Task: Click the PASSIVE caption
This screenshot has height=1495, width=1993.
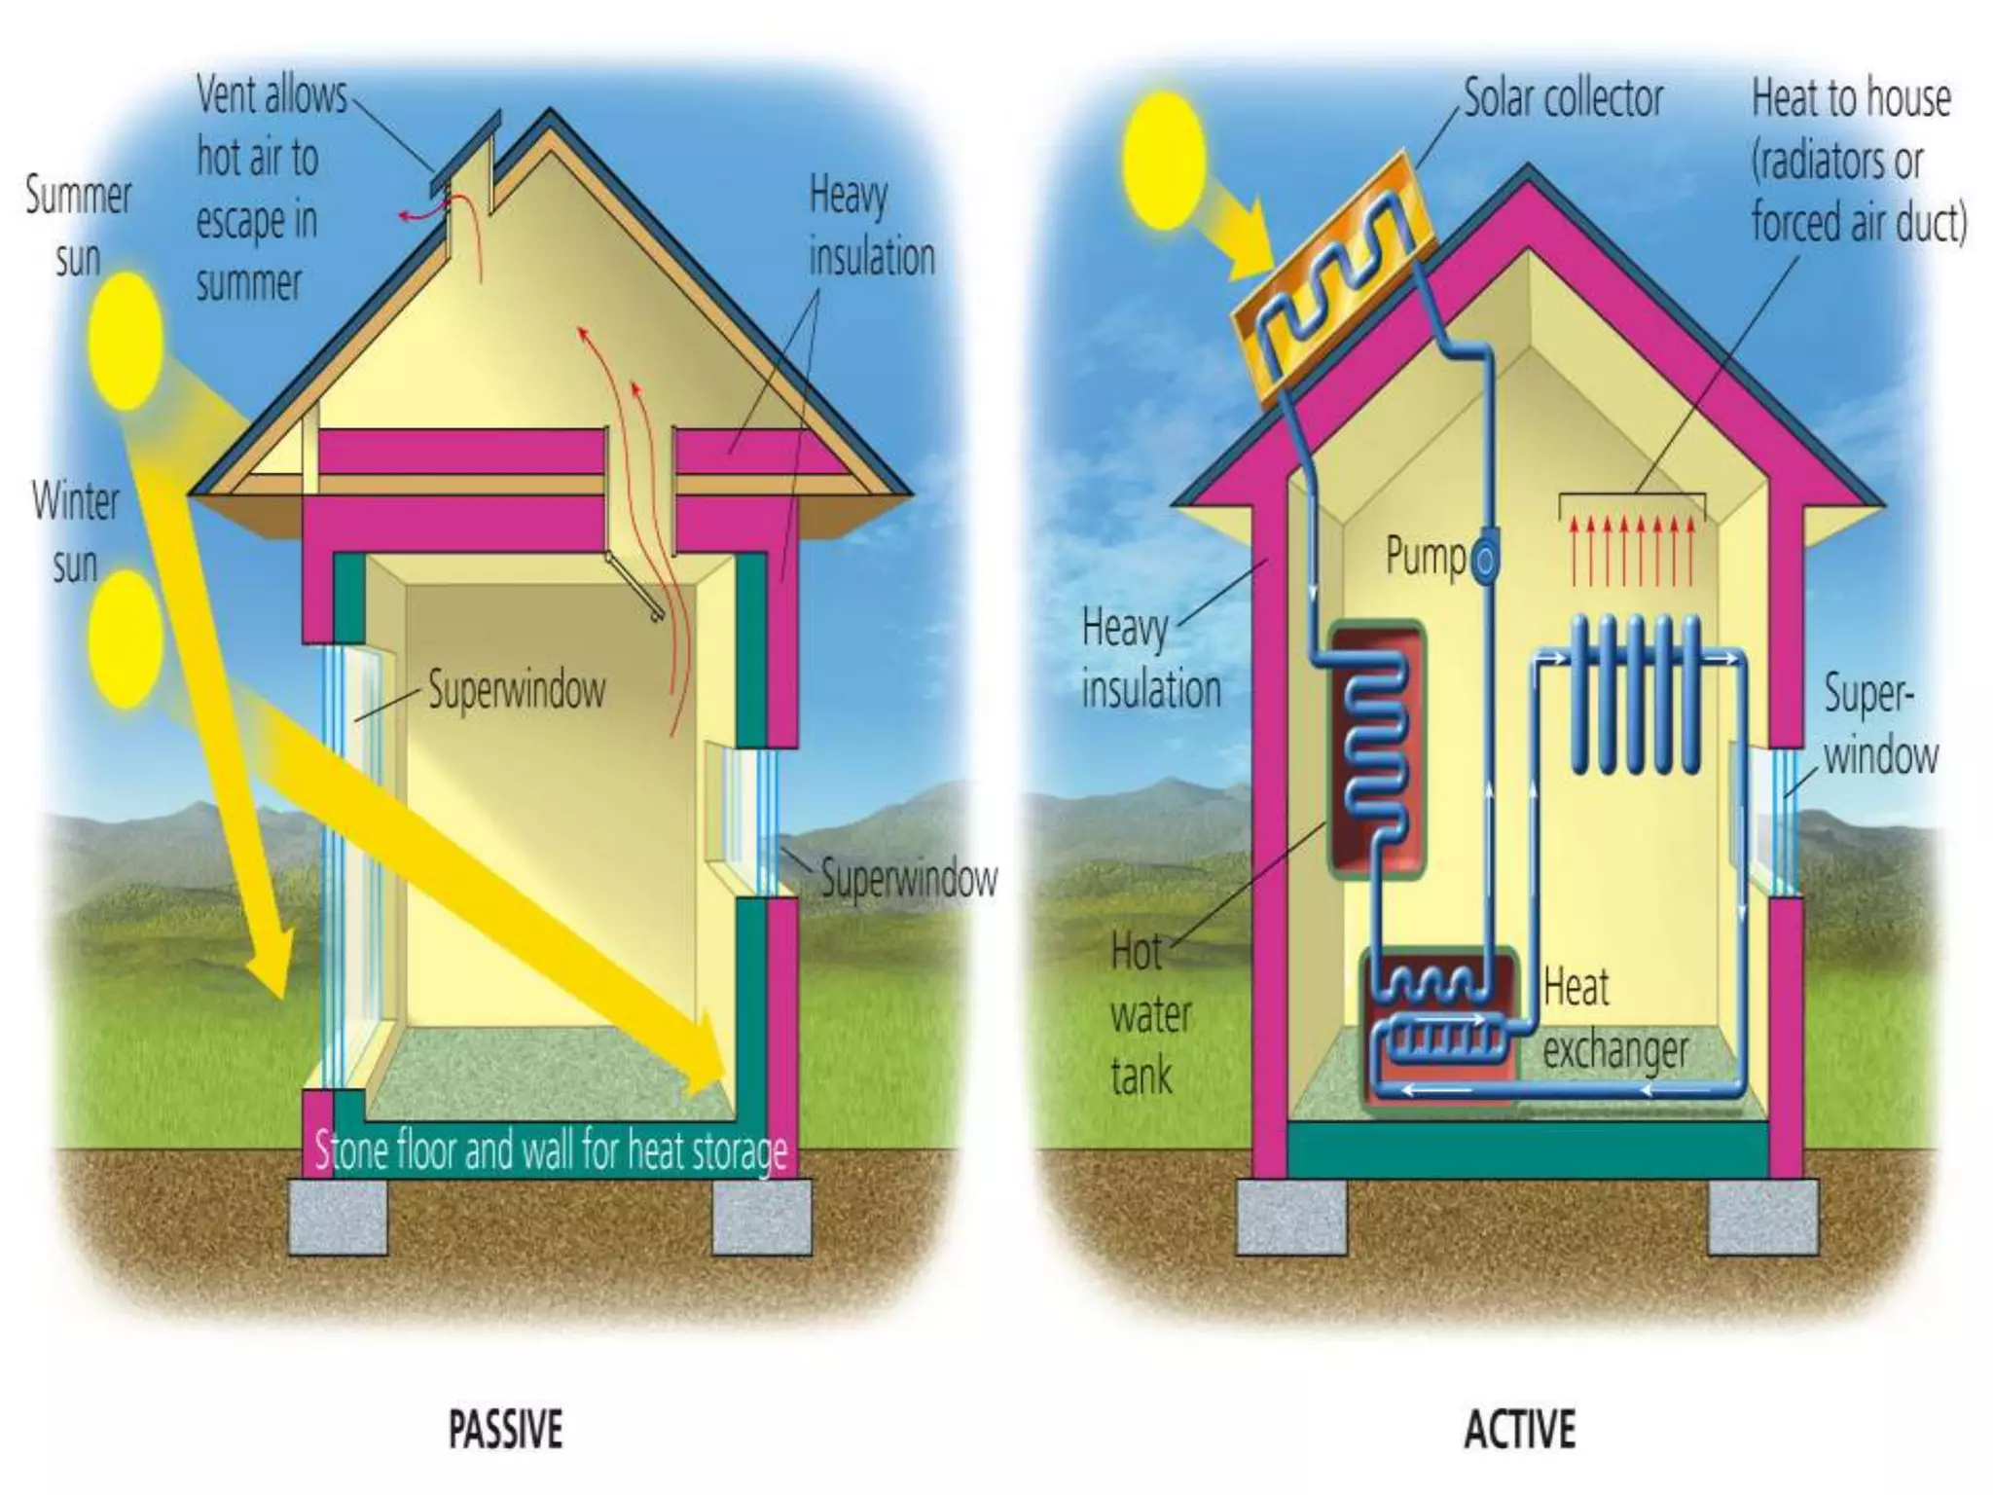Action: tap(505, 1430)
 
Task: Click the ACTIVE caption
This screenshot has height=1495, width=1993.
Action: tap(1519, 1430)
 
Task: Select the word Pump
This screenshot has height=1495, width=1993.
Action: tap(1425, 557)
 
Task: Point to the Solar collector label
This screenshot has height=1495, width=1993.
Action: tap(1563, 99)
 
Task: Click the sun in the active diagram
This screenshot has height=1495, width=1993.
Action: tap(1164, 160)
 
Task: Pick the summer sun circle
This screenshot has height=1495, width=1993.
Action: tap(126, 341)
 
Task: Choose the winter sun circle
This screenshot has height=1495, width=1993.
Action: tap(125, 638)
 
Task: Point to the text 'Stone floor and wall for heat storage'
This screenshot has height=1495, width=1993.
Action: tap(551, 1151)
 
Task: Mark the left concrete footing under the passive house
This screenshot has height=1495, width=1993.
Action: tap(338, 1216)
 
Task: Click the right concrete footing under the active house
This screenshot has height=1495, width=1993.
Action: tap(1762, 1216)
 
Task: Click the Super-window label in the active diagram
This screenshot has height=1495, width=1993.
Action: tap(1878, 725)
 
